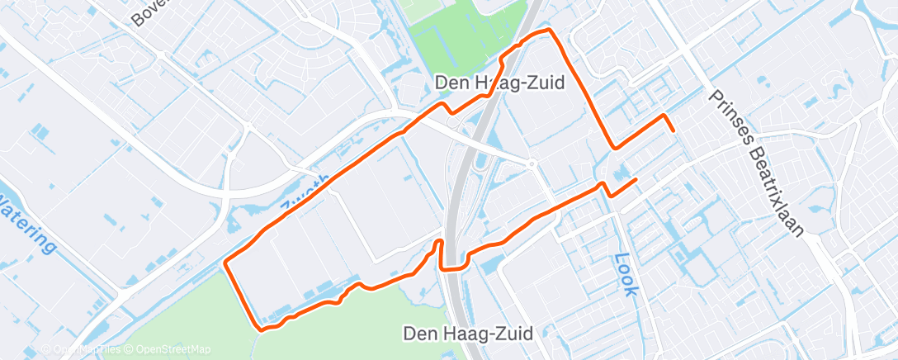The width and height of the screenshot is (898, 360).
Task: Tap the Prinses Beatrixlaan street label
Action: [755, 161]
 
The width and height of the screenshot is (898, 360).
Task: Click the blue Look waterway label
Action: [625, 274]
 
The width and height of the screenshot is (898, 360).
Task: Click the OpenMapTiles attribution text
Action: [86, 349]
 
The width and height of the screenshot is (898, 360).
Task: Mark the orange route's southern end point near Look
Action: [636, 179]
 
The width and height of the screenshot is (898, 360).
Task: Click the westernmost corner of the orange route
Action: [225, 263]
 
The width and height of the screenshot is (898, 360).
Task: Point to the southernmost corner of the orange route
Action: [262, 329]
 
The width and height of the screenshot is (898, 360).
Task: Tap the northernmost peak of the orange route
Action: [546, 31]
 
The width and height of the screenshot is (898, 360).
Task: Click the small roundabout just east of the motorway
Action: [533, 163]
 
